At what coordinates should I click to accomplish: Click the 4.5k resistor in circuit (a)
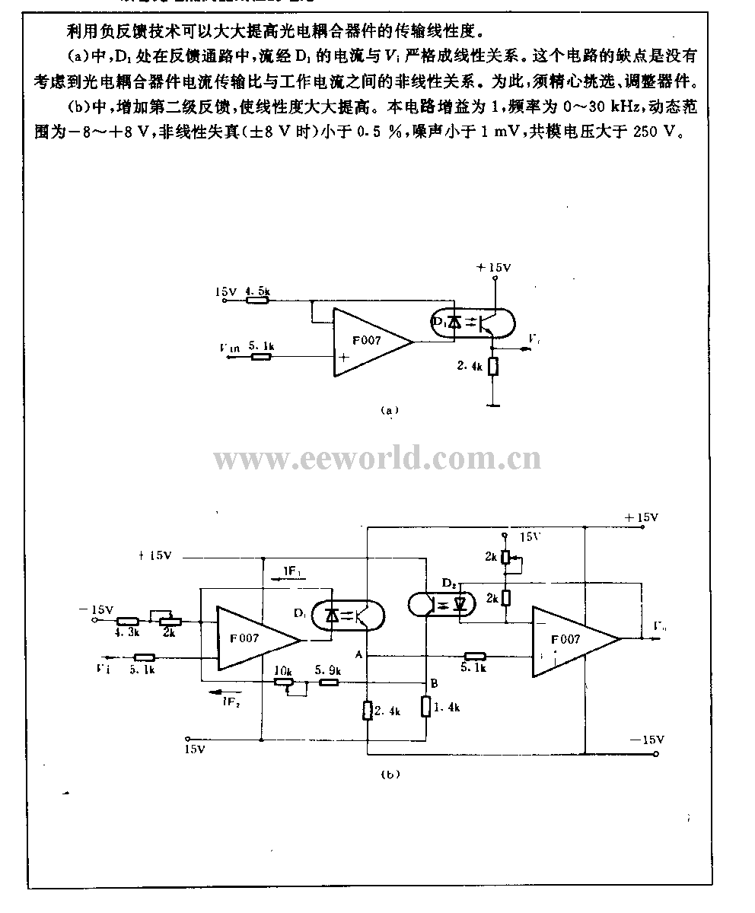pyautogui.click(x=258, y=301)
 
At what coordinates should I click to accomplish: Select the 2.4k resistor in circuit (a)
pyautogui.click(x=494, y=366)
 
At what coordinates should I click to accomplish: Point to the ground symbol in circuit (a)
pyautogui.click(x=494, y=405)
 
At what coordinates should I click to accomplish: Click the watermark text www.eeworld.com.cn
pyautogui.click(x=377, y=459)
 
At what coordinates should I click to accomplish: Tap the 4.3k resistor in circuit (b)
pyautogui.click(x=127, y=621)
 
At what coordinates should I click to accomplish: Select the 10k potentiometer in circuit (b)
pyautogui.click(x=284, y=683)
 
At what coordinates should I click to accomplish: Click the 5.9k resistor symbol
pyautogui.click(x=328, y=683)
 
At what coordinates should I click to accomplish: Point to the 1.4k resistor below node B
pyautogui.click(x=426, y=706)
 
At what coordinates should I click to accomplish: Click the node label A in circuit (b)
pyautogui.click(x=357, y=654)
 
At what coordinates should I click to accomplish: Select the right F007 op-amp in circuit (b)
pyautogui.click(x=572, y=641)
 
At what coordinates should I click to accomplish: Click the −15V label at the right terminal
pyautogui.click(x=648, y=740)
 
